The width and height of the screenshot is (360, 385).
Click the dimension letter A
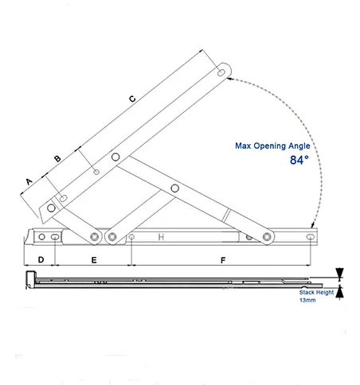click(x=29, y=181)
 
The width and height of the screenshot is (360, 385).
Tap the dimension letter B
click(x=57, y=159)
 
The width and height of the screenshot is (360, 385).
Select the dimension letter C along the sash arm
click(x=132, y=98)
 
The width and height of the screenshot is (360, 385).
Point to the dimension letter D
click(x=40, y=260)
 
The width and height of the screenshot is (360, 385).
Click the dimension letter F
click(x=223, y=260)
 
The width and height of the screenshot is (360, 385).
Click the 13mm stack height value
click(x=307, y=301)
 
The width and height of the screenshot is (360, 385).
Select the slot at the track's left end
click(x=54, y=237)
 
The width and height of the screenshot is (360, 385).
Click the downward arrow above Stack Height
click(x=340, y=273)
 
